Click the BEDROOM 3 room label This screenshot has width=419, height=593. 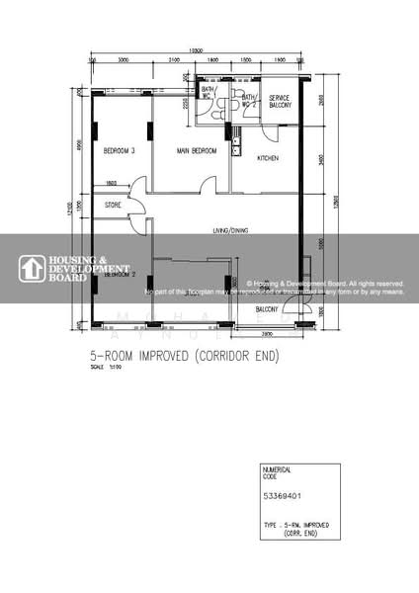click(119, 151)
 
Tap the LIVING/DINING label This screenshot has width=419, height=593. click(227, 230)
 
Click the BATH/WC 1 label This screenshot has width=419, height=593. click(208, 92)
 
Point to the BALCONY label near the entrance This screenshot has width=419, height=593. click(267, 309)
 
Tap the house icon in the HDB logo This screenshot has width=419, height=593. click(30, 269)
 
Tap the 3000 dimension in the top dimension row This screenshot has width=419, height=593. click(122, 61)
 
